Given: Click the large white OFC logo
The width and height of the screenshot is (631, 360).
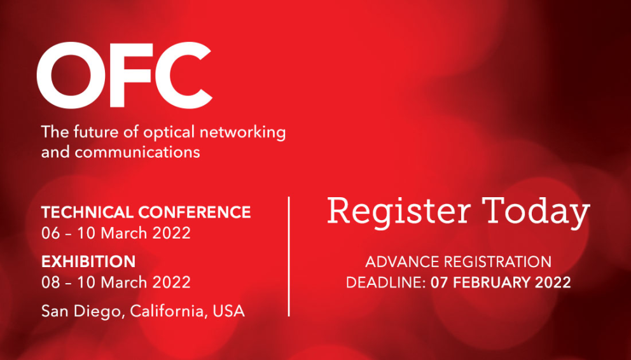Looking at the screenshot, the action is [124, 75].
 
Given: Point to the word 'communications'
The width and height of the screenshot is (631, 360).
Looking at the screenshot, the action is [137, 153].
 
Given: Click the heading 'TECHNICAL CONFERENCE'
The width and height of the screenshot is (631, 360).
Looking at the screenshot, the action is [146, 212].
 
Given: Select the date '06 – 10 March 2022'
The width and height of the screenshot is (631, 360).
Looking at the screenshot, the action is [116, 233].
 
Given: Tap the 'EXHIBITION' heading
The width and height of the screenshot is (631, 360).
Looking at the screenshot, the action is [88, 262].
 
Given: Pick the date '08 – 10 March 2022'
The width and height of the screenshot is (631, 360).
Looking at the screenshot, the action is [116, 282].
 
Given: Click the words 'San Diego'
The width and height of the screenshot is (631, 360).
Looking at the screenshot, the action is [81, 312].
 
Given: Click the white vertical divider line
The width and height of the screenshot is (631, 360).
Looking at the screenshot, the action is [289, 256].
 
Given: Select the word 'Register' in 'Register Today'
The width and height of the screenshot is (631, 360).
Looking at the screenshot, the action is [398, 212].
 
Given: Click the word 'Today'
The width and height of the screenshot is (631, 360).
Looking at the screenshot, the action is [536, 212].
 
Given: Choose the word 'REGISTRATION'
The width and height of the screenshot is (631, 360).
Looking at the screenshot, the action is [498, 262].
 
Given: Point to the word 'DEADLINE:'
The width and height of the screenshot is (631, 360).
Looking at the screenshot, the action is [386, 282].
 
